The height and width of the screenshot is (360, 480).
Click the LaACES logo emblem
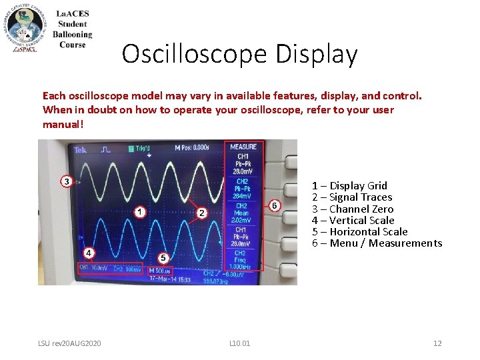coord(27,27)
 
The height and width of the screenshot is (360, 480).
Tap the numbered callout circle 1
coord(140,212)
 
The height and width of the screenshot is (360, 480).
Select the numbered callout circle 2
coord(201,213)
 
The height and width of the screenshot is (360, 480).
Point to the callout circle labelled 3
coord(67,181)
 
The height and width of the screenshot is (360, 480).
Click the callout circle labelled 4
coord(88,253)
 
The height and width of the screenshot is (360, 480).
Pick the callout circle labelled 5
coord(163,257)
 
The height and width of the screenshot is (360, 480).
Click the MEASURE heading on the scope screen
coord(243,147)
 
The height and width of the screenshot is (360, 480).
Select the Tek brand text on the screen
coord(81,150)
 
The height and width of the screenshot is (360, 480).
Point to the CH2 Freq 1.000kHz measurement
coord(242,260)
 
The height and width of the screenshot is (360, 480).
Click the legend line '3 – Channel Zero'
coord(353,209)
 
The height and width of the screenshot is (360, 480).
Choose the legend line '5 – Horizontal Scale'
coord(359,231)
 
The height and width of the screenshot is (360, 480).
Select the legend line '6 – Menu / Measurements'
coord(377,243)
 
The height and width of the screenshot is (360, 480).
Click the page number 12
coord(437,343)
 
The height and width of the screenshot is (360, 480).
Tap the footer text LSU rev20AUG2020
coord(69,343)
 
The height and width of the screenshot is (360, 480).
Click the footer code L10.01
coord(239,343)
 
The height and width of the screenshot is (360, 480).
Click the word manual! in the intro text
coord(63,125)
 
